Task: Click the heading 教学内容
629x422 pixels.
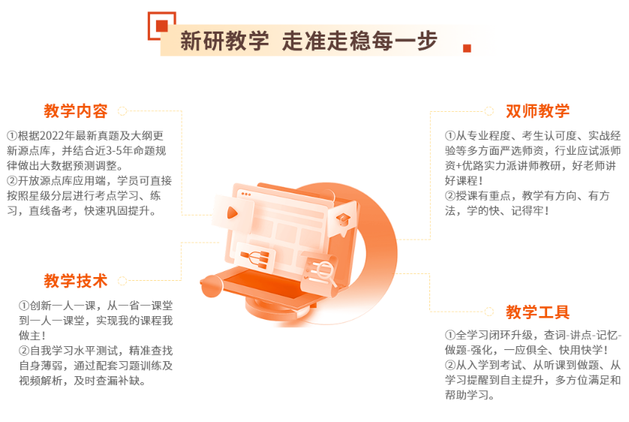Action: pyautogui.click(x=76, y=111)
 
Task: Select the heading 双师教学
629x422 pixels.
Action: pyautogui.click(x=537, y=111)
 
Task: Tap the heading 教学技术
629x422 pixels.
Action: pyautogui.click(x=76, y=281)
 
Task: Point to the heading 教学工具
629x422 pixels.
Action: pyautogui.click(x=537, y=312)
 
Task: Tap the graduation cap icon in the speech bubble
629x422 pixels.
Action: pyautogui.click(x=342, y=219)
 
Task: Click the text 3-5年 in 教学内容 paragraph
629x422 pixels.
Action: pyautogui.click(x=124, y=151)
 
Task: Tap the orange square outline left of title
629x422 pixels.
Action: pyautogui.click(x=161, y=25)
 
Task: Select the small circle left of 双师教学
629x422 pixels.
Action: pyautogui.click(x=489, y=111)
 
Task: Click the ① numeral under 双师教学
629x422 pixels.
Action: pyautogui.click(x=450, y=136)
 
